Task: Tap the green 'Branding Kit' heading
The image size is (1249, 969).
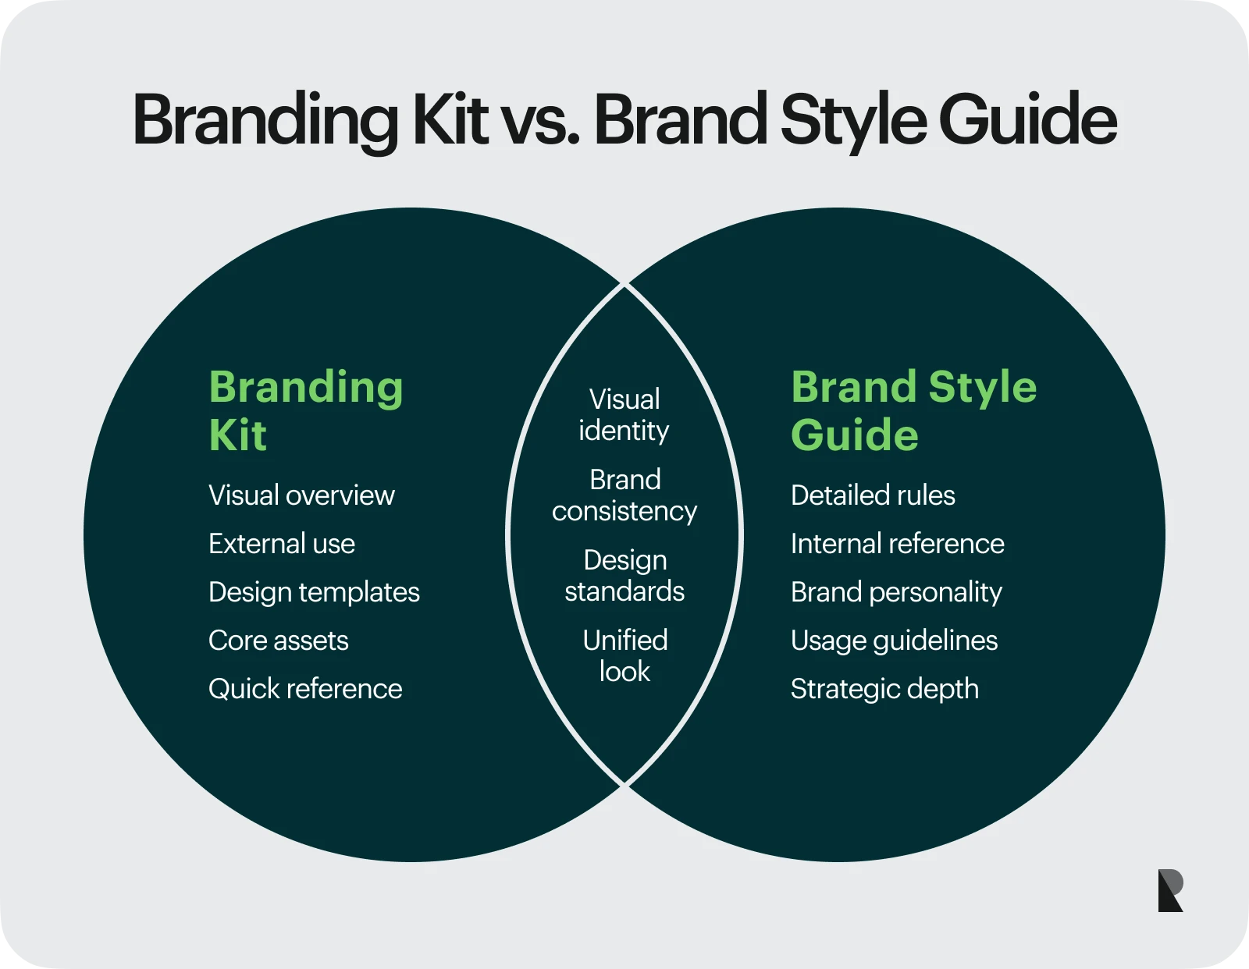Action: pyautogui.click(x=306, y=410)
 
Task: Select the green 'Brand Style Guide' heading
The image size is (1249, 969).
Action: pyautogui.click(x=914, y=410)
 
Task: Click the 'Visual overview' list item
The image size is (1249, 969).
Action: pyautogui.click(x=302, y=495)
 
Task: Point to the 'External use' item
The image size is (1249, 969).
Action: pyautogui.click(x=282, y=543)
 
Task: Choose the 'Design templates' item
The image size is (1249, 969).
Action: pyautogui.click(x=314, y=592)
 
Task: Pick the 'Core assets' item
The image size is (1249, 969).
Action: pyautogui.click(x=278, y=641)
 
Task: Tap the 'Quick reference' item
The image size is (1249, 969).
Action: pyautogui.click(x=305, y=689)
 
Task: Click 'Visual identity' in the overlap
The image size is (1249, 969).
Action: pyautogui.click(x=624, y=415)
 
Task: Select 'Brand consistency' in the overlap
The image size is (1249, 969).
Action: pyautogui.click(x=624, y=495)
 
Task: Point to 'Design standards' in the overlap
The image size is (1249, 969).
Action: pyautogui.click(x=624, y=576)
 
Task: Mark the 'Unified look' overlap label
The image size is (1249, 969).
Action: pyautogui.click(x=624, y=656)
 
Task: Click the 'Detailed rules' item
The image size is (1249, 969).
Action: pyautogui.click(x=873, y=495)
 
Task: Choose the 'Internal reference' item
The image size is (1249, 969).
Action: pyautogui.click(x=897, y=543)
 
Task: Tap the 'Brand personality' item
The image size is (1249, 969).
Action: pyautogui.click(x=896, y=592)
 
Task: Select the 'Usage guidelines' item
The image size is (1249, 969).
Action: pyautogui.click(x=894, y=641)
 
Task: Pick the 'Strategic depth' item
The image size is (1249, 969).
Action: pyautogui.click(x=884, y=689)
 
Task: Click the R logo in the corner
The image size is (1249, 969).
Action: pyautogui.click(x=1170, y=890)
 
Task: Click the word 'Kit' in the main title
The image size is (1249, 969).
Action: pyautogui.click(x=450, y=119)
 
